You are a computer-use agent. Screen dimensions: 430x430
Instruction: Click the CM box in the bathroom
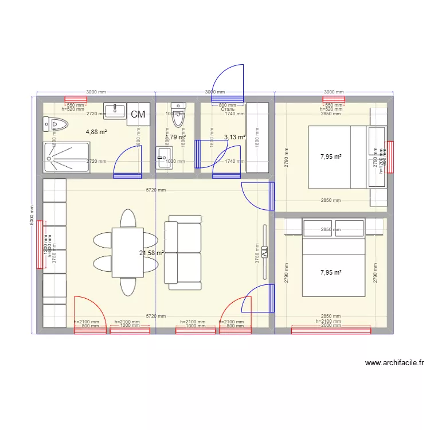[x=138, y=115]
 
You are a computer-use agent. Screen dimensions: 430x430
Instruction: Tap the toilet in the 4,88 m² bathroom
[x=56, y=123]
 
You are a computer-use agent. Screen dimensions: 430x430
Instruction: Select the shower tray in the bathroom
[x=67, y=157]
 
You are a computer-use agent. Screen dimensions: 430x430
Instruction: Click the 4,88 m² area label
[x=97, y=132]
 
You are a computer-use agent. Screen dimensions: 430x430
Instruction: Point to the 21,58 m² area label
[x=151, y=253]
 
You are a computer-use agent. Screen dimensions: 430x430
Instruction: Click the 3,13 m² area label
[x=234, y=138]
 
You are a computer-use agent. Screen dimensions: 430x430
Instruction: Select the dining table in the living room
[x=127, y=252]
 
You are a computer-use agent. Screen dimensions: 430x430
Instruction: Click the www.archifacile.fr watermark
[x=394, y=363]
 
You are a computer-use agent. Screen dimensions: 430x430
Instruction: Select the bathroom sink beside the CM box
[x=115, y=110]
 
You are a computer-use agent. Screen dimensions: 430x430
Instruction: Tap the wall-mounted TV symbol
[x=265, y=252]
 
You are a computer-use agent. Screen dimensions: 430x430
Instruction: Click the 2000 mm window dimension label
[x=330, y=326]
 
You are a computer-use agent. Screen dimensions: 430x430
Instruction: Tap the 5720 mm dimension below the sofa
[x=156, y=316]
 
